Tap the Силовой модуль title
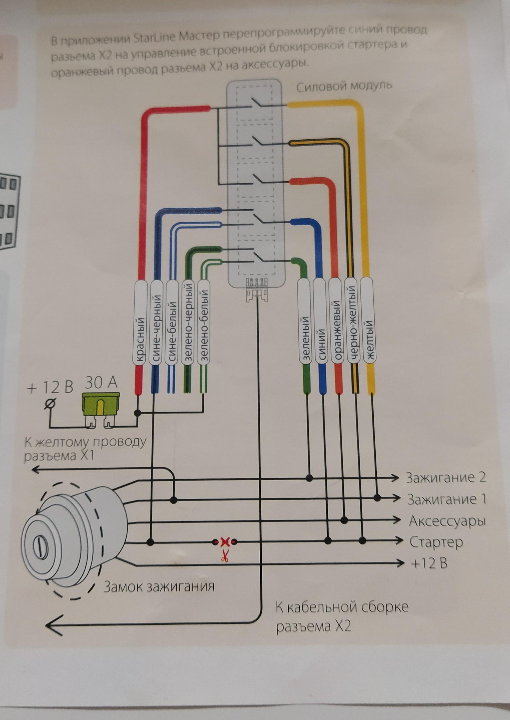pos(344,86)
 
